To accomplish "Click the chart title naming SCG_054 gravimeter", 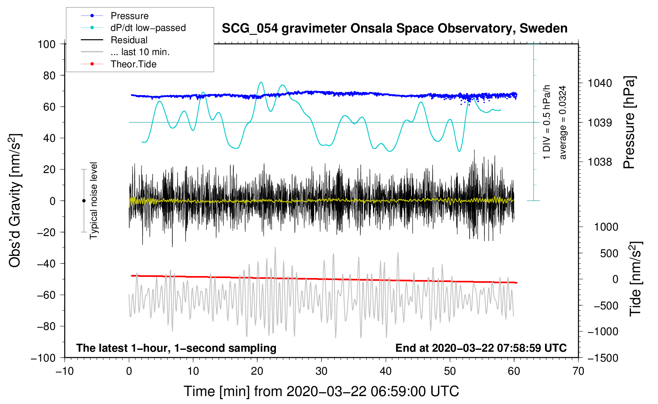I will pos(394,29).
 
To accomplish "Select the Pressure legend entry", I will pos(129,16).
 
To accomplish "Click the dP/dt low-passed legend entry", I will pos(148,28).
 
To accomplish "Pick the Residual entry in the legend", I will pos(129,40).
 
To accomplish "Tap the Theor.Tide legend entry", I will pos(133,64).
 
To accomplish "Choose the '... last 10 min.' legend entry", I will pos(140,52).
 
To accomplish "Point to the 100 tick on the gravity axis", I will pos(46,44).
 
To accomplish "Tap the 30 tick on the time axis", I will pos(321,371).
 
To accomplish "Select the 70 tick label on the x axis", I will pos(578,371).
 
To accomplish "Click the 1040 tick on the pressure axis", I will pos(600,83).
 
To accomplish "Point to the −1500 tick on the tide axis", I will pos(603,358).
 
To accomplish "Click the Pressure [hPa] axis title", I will pos(629,123).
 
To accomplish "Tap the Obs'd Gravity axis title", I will pos(15,201).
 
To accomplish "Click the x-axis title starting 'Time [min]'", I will pos(321,391).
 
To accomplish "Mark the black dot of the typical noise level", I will pos(84,201).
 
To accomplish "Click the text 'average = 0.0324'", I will pos(562,123).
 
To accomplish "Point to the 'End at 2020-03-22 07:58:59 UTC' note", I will pos(481,348).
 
